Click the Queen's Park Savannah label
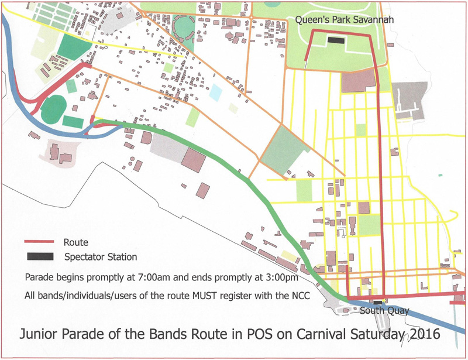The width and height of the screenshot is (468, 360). click(344, 20)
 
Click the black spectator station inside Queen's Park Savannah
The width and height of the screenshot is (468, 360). click(336, 40)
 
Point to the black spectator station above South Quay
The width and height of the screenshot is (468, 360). click(369, 301)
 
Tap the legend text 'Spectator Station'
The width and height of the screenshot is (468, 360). click(101, 257)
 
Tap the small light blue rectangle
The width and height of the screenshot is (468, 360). click(216, 91)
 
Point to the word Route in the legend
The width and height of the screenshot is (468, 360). click(76, 242)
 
